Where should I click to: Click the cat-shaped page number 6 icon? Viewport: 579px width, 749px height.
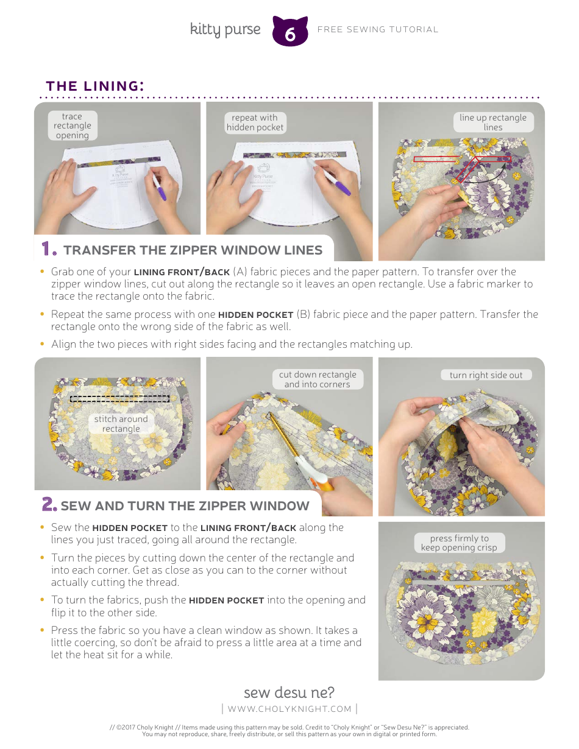point(290,32)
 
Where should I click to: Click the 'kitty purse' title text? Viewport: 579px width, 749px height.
point(225,29)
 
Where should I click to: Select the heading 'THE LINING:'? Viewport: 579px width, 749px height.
point(95,86)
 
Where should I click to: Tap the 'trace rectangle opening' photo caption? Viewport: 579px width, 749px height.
point(72,126)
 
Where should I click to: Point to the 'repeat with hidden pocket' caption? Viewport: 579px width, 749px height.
point(255,122)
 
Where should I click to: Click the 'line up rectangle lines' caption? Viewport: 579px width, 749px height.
point(493,122)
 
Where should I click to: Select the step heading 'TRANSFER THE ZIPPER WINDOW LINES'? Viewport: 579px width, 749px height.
point(193,250)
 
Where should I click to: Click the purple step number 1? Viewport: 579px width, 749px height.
point(49,250)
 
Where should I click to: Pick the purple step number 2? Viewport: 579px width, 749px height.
point(49,505)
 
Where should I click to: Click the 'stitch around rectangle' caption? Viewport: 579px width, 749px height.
point(121,424)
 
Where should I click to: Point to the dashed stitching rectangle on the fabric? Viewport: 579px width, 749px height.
point(119,399)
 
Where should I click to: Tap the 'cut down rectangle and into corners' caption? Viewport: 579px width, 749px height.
point(317,379)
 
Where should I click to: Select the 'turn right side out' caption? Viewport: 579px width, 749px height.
point(486,375)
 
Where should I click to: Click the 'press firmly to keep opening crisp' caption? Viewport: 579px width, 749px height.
point(459,543)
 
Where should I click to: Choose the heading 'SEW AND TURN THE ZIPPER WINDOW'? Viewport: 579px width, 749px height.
point(185,506)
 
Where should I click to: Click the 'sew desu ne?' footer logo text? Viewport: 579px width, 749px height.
point(289,693)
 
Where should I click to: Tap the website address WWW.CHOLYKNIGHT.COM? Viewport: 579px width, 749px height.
point(289,709)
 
